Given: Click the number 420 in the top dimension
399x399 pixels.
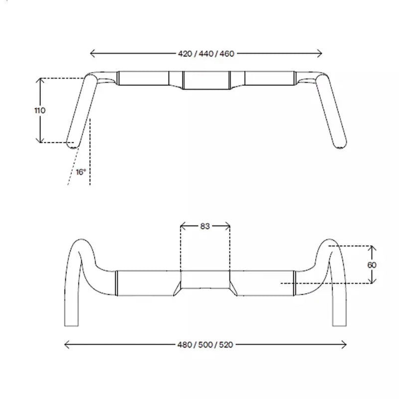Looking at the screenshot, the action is coord(185,54).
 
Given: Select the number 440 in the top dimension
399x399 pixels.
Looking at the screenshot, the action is coord(206,54).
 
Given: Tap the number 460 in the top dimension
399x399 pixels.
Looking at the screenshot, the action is coord(227,54).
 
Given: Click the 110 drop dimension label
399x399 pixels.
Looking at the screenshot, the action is coord(40,110).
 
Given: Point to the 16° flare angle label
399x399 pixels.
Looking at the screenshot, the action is coord(81,172).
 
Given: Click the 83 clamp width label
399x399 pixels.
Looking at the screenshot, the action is coord(205,226).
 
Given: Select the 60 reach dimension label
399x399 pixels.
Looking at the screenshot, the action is coord(372,265).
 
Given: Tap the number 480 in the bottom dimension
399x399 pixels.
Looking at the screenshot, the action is coord(185,345).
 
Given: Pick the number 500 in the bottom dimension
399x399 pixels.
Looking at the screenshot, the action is coord(205,345).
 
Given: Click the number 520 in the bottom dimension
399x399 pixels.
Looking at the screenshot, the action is coord(226,345).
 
